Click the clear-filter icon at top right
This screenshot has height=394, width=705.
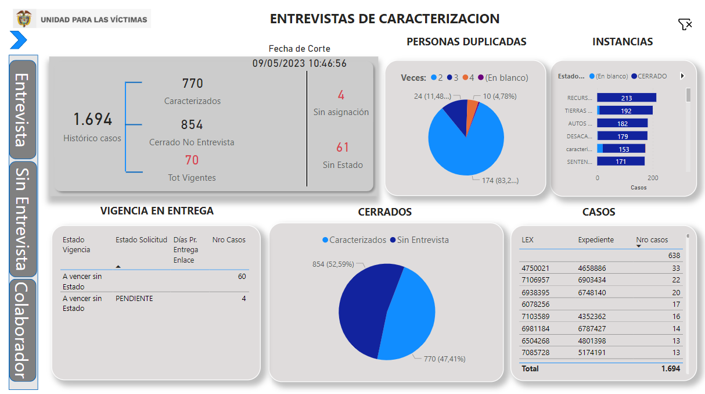(x=685, y=24)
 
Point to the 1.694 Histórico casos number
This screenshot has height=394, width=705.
(x=92, y=120)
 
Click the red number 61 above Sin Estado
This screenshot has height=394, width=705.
(x=342, y=147)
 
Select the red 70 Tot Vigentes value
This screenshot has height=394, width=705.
(x=192, y=160)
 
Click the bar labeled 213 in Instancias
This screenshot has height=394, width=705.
(x=626, y=98)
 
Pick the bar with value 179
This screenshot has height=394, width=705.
(x=623, y=136)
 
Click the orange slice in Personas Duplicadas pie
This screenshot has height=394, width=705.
(x=473, y=105)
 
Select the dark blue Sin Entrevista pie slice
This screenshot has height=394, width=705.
(x=363, y=308)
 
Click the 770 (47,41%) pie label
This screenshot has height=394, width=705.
(x=444, y=359)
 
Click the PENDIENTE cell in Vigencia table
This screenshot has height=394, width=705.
(x=134, y=298)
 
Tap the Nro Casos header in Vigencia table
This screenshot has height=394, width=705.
(x=229, y=239)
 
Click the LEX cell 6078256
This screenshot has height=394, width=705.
(x=535, y=304)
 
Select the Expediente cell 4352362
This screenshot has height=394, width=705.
(x=592, y=317)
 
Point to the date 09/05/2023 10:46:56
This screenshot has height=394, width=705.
(x=299, y=63)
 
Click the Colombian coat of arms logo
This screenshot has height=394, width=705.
(x=24, y=19)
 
